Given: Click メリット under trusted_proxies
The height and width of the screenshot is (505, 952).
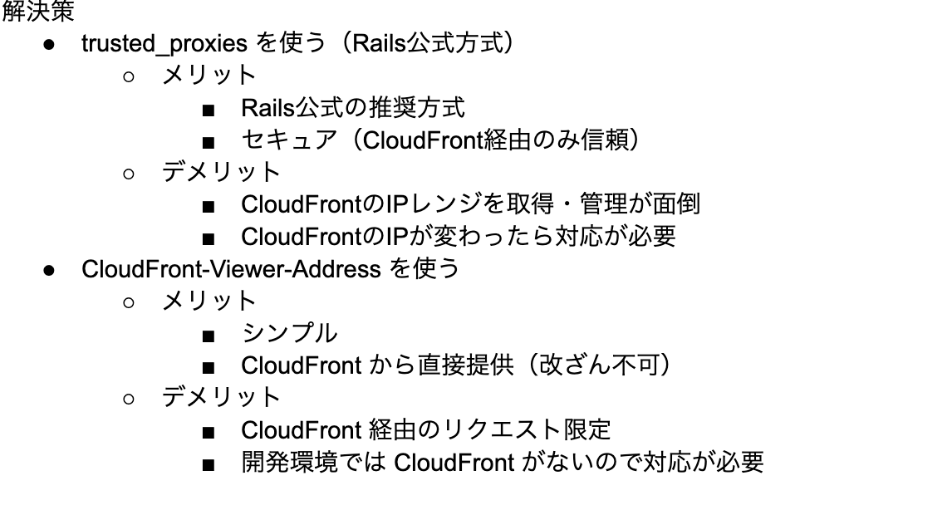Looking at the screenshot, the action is [x=209, y=76].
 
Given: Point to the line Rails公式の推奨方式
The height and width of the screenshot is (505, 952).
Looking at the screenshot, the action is [x=352, y=108].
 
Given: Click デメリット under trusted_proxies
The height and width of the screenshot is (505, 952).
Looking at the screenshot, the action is [x=221, y=172].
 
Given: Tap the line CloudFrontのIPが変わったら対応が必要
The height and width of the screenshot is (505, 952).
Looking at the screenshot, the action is [x=458, y=237].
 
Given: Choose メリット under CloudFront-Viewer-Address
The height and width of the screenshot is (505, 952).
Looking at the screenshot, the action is [x=209, y=301].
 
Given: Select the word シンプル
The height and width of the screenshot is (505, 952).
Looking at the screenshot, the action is [x=288, y=333].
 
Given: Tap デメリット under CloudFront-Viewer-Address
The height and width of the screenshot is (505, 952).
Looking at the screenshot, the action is [x=221, y=397].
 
